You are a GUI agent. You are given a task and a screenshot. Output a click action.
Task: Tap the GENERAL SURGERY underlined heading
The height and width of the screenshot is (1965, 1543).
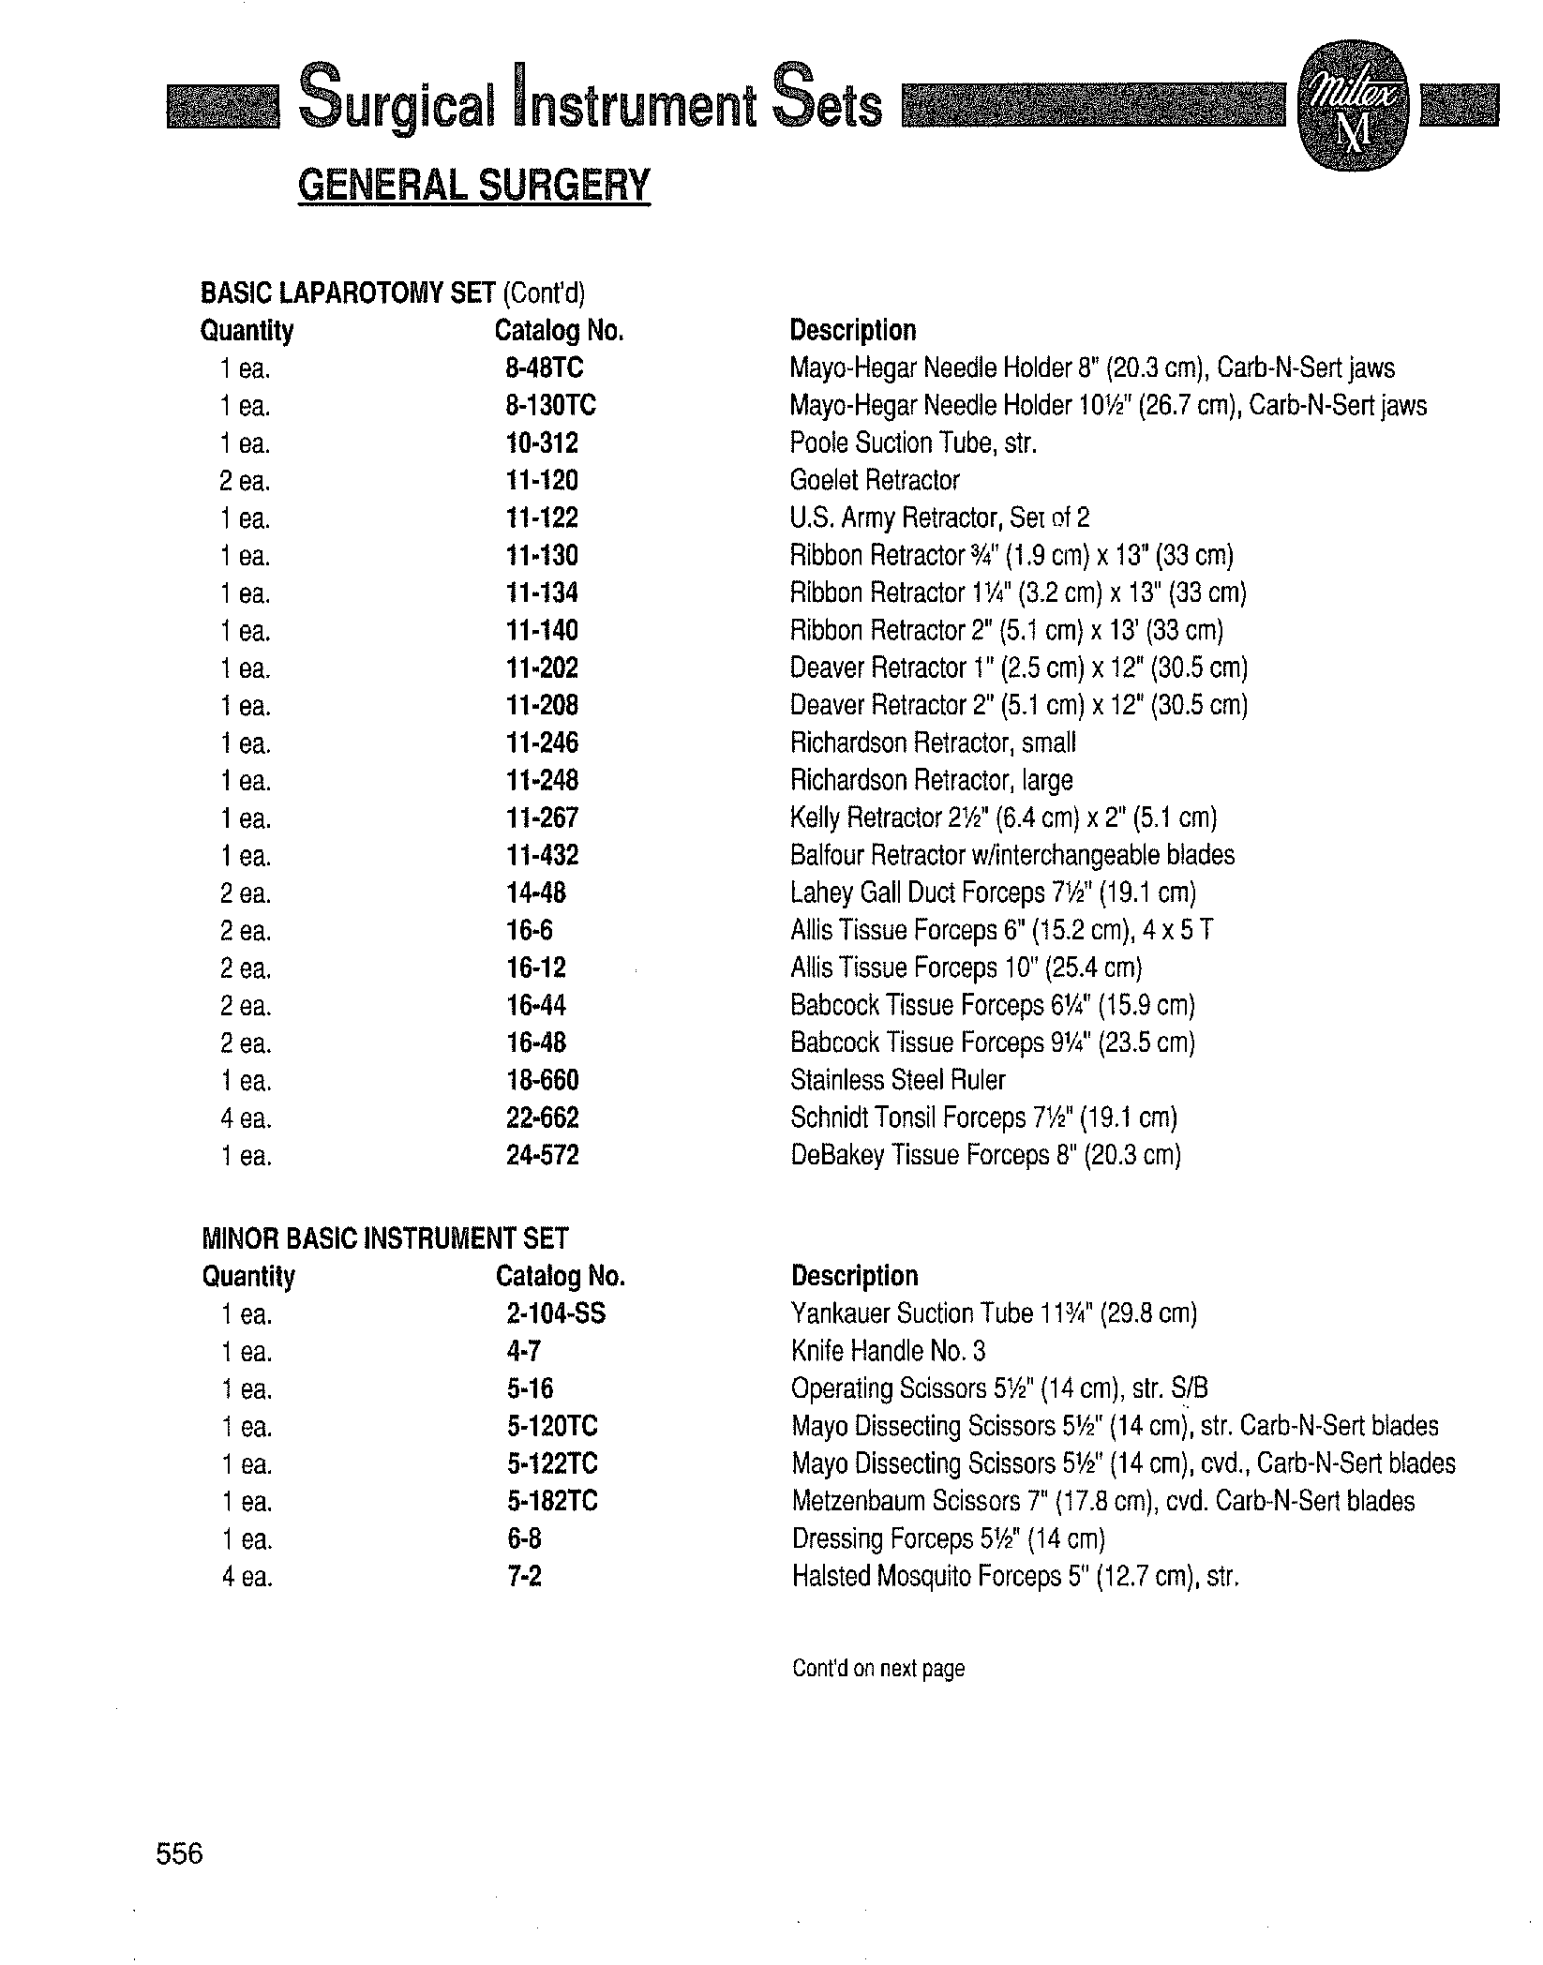click(x=473, y=185)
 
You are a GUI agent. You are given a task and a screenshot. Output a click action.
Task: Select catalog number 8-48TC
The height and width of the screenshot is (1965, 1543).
click(x=545, y=368)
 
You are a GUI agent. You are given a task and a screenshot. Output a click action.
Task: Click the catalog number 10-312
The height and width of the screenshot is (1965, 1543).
click(x=542, y=443)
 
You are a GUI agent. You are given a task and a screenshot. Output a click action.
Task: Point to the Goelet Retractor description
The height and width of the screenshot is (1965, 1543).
click(x=875, y=481)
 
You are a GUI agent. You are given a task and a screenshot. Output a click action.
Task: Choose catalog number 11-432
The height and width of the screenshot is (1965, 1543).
click(x=542, y=856)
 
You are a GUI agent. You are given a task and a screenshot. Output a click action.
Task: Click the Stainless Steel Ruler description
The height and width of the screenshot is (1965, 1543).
click(x=897, y=1081)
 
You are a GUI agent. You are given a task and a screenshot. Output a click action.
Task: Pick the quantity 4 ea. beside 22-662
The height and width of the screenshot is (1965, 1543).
click(x=247, y=1119)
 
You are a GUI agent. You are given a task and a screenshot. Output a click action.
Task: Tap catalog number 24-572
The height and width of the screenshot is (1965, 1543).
click(x=542, y=1156)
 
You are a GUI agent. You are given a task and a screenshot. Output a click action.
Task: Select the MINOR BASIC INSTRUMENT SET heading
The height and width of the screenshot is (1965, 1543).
click(x=384, y=1239)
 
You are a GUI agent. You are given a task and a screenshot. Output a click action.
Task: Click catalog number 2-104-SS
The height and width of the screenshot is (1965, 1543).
click(x=556, y=1314)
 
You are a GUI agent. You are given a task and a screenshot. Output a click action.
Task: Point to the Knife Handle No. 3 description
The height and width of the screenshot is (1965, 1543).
click(x=888, y=1352)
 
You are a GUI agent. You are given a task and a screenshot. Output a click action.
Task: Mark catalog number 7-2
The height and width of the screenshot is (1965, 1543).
click(x=524, y=1577)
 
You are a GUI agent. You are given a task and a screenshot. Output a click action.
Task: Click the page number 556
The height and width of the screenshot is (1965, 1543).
click(x=179, y=1853)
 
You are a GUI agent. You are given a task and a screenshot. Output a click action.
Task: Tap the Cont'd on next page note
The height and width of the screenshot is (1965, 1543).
click(x=877, y=1669)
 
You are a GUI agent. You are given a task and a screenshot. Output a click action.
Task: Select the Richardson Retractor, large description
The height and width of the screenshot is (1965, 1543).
click(x=931, y=781)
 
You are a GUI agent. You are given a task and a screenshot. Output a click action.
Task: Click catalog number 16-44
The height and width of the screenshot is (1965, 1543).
click(x=536, y=1006)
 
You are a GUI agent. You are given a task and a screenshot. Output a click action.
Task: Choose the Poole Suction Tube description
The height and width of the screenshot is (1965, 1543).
click(x=913, y=443)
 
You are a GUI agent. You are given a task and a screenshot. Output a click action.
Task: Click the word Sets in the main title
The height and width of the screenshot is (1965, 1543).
click(x=827, y=105)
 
